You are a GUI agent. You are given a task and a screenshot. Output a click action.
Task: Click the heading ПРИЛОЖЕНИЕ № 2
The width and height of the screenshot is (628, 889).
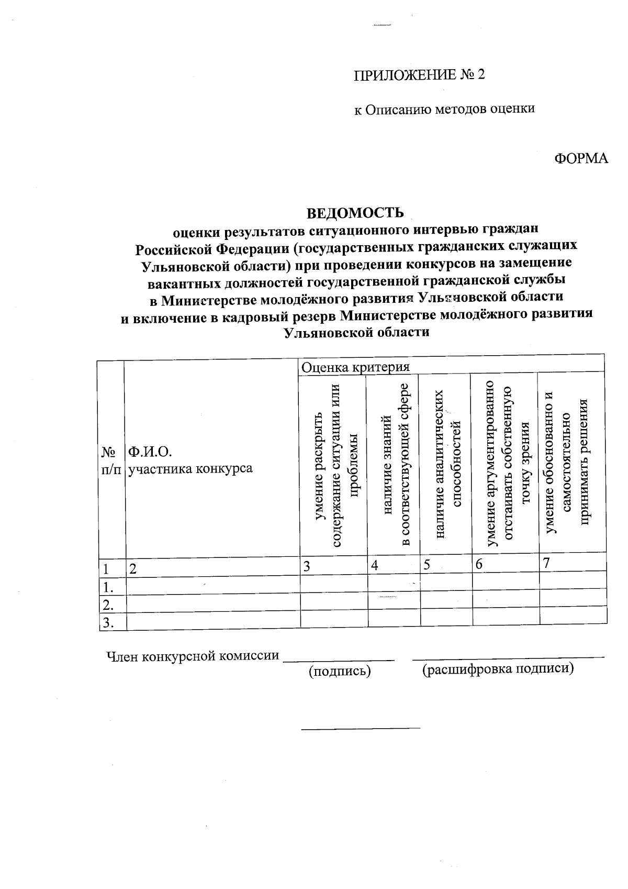coord(419,74)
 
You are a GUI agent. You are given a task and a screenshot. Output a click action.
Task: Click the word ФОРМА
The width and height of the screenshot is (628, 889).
coord(581,158)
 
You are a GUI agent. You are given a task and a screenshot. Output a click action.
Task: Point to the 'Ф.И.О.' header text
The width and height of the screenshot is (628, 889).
coord(150,452)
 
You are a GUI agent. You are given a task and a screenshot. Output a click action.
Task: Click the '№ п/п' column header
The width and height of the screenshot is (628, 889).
coord(111,459)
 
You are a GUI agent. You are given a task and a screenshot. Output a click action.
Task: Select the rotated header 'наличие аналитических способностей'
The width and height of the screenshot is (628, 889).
coord(447,464)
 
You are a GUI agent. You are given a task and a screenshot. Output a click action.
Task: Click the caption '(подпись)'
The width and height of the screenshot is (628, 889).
coord(340,671)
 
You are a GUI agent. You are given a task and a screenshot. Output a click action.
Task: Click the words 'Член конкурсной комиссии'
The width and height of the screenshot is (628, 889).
coord(192,656)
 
